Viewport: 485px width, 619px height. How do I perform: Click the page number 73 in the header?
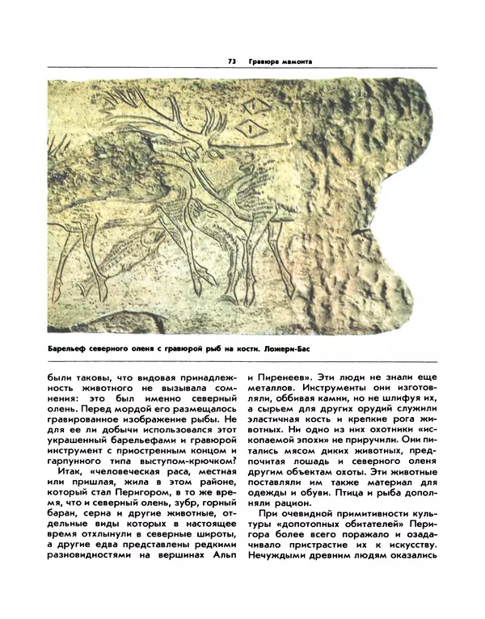pyautogui.click(x=231, y=61)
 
